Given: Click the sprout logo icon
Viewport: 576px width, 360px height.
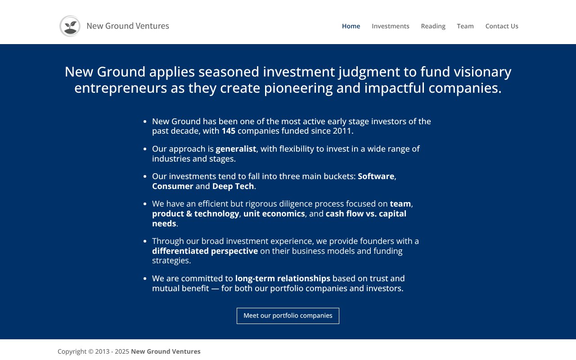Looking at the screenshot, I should [70, 26].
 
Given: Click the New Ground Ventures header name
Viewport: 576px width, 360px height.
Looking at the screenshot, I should [128, 26].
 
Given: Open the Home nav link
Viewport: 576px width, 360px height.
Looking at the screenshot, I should [351, 26].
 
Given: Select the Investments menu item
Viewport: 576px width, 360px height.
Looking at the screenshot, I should [390, 26].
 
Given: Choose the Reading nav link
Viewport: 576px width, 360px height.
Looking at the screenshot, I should [433, 26].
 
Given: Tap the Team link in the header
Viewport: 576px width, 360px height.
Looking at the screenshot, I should [465, 26].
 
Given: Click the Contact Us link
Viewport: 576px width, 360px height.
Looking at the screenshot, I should [502, 26].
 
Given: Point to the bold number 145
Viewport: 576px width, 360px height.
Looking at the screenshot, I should [228, 131].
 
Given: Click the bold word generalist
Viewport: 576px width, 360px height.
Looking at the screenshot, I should [236, 149].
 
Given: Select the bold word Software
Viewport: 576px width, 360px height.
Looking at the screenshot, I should [376, 176].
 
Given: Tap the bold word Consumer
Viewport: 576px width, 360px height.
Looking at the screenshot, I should [172, 186].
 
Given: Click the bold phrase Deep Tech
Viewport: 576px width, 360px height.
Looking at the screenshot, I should [233, 186].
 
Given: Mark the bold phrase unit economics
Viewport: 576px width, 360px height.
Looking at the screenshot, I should [274, 214].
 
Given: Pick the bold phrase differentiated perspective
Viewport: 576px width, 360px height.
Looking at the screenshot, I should [205, 251].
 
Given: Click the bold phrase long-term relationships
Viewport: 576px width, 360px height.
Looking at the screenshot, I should [283, 279].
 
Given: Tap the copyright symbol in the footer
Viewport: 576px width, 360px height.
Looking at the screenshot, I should [90, 351].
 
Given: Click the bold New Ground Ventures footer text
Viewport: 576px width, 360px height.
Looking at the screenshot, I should [166, 351].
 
